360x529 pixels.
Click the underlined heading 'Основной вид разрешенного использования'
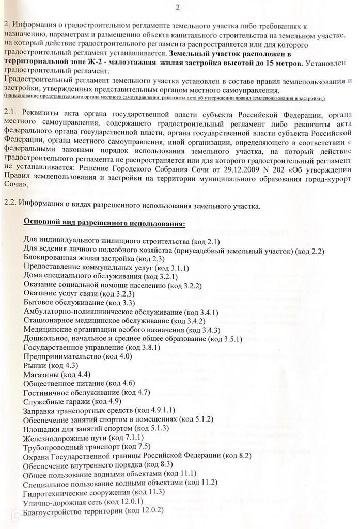[x=105, y=223]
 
